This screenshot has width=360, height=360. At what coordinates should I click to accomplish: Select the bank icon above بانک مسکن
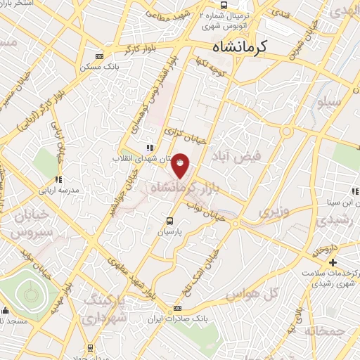click(98, 58)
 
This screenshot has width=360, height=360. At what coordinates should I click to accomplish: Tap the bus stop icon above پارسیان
click(168, 219)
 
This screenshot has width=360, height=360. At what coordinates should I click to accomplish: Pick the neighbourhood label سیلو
click(329, 101)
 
